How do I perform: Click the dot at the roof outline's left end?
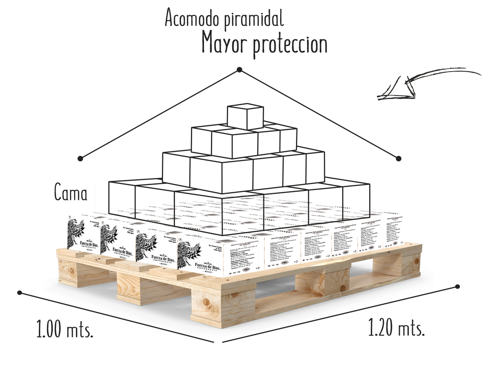click(81, 158)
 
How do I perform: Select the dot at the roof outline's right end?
click(399, 158)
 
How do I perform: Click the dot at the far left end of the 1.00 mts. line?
click(20, 292)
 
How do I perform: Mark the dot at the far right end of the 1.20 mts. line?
click(457, 288)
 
